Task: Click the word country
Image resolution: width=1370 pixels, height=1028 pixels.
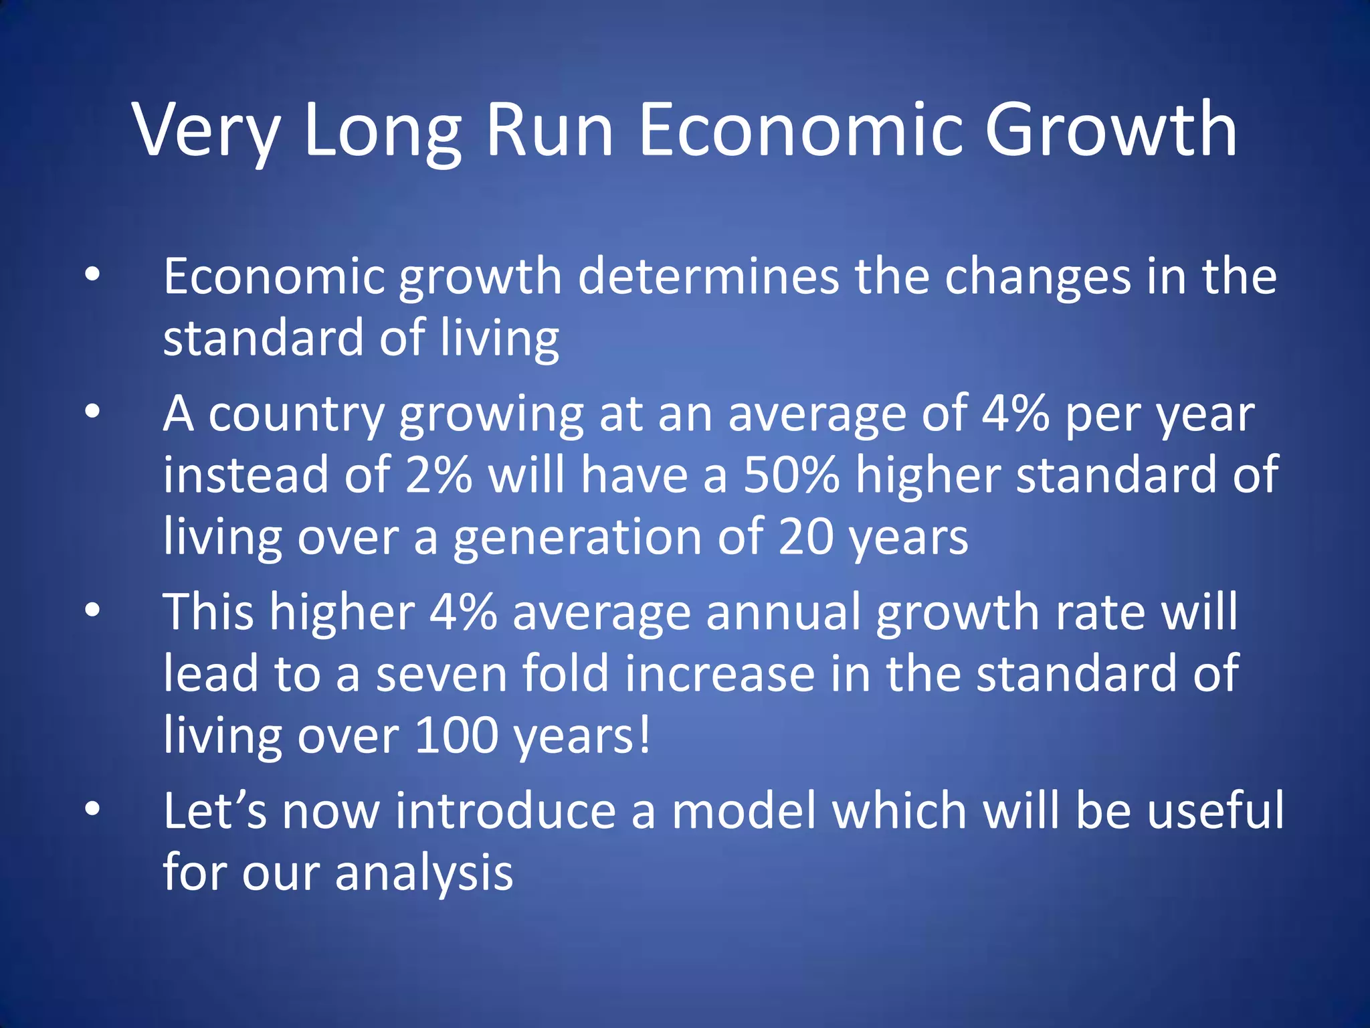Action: coord(296,415)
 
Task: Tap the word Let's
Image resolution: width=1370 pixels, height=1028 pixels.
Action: coord(215,810)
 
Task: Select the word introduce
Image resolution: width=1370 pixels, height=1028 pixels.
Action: coord(505,810)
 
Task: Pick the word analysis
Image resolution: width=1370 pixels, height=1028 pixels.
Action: coord(424,873)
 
